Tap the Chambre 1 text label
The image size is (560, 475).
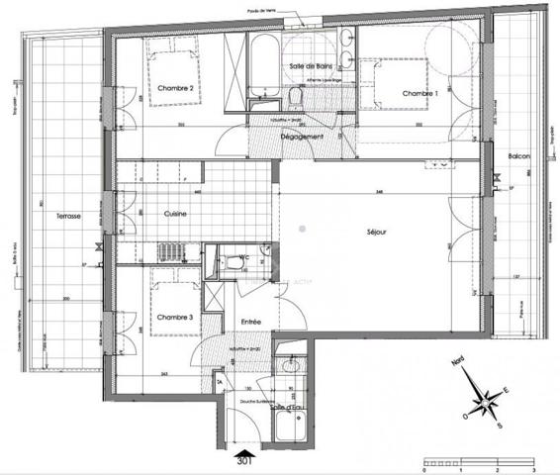419,93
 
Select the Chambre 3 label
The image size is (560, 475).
173,317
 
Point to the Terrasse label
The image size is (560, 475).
68,216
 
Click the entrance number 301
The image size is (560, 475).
245,460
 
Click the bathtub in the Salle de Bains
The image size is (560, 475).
263,65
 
